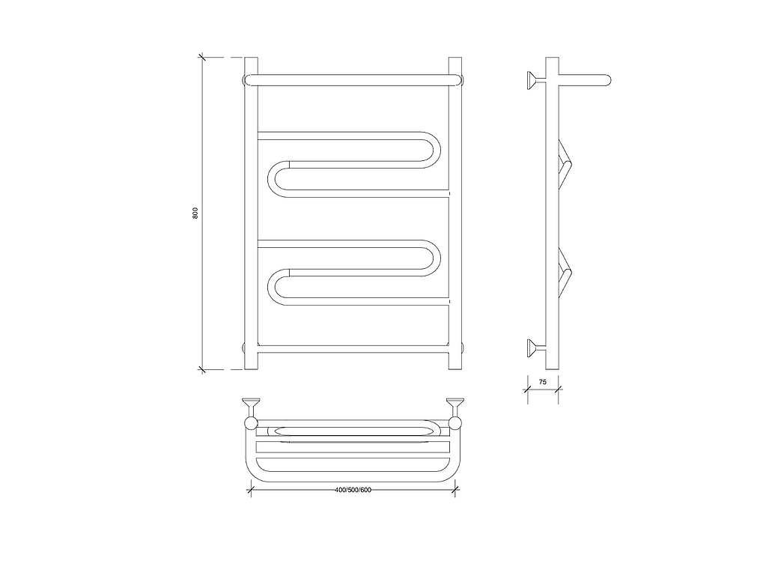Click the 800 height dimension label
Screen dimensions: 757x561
point(195,213)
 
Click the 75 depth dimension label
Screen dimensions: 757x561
point(543,382)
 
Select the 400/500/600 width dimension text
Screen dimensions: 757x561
point(353,490)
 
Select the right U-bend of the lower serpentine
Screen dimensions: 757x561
point(433,258)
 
